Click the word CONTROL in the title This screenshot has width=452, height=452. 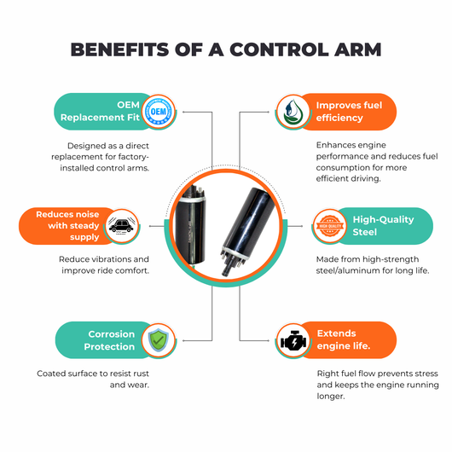[x=279, y=49]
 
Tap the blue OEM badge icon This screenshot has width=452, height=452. [x=159, y=112]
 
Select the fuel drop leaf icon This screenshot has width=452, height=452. [x=293, y=112]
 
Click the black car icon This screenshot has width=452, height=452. [x=122, y=226]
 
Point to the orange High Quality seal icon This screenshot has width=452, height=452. [x=330, y=226]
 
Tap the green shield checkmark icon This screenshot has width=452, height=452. [x=159, y=340]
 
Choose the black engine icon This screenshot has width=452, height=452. [x=293, y=341]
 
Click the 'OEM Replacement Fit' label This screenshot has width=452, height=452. [x=100, y=111]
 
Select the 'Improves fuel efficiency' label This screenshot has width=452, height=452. [x=349, y=112]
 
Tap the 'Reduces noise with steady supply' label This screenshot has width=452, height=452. [x=67, y=226]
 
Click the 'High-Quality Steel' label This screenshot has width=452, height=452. [x=383, y=226]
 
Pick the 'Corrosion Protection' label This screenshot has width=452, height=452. [x=109, y=340]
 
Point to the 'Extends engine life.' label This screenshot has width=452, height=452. [x=344, y=339]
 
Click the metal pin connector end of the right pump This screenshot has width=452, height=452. [x=231, y=261]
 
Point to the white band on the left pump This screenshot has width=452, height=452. [x=191, y=200]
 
